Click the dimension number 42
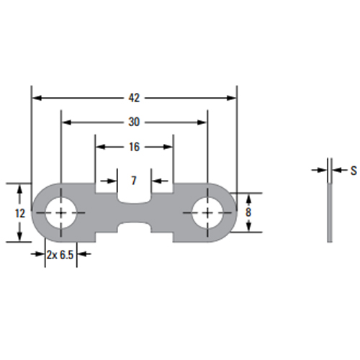pyautogui.click(x=134, y=98)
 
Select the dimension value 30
pyautogui.click(x=134, y=122)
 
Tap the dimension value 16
pyautogui.click(x=134, y=147)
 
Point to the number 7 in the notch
pyautogui.click(x=134, y=181)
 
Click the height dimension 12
pyautogui.click(x=20, y=213)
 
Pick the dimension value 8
pyautogui.click(x=248, y=212)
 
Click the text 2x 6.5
pyautogui.click(x=60, y=255)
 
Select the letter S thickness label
pyautogui.click(x=354, y=171)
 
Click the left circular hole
pyautogui.click(x=61, y=212)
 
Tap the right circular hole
pyautogui.click(x=207, y=212)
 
